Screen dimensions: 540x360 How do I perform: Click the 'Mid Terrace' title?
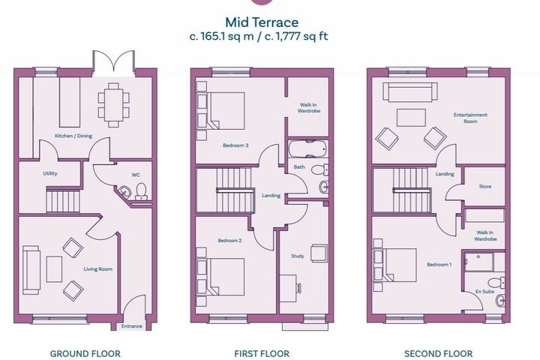(x=262, y=22)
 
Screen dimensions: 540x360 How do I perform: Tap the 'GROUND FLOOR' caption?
(x=85, y=354)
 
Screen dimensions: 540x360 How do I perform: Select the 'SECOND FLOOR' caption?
(x=439, y=354)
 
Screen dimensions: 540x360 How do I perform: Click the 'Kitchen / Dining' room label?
(x=73, y=136)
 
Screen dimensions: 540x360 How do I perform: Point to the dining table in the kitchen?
(x=114, y=105)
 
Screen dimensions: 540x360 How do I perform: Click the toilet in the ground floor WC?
(x=141, y=191)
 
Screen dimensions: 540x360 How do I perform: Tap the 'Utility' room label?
(x=50, y=174)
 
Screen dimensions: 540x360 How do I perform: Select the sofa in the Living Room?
(x=31, y=270)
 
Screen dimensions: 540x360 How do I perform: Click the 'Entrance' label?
(x=131, y=326)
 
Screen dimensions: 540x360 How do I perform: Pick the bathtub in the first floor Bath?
(x=308, y=148)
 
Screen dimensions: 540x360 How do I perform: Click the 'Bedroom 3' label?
(x=235, y=145)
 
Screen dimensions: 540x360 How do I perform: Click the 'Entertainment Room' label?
(x=470, y=118)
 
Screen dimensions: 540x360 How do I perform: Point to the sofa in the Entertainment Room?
(x=410, y=92)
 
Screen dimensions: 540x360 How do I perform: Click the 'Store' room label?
(x=485, y=186)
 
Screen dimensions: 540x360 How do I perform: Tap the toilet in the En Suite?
(x=497, y=282)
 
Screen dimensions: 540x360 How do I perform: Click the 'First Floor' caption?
(x=262, y=354)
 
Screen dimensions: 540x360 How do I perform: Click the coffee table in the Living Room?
(x=54, y=269)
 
